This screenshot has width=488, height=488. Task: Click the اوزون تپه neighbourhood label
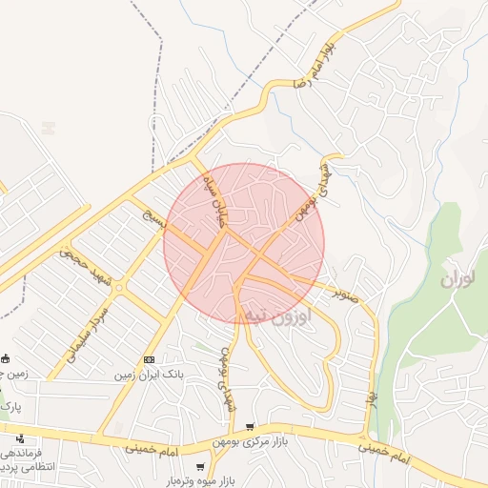point(277,315)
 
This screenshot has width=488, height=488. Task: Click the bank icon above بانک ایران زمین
point(149,359)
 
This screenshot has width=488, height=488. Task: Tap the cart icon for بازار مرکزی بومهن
point(250,427)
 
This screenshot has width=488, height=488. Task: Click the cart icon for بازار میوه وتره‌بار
point(199,466)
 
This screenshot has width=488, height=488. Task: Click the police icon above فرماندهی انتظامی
point(20,438)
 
